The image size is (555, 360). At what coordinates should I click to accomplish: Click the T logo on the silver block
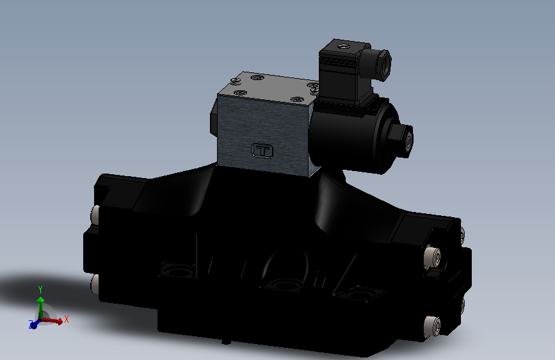coord(262,150)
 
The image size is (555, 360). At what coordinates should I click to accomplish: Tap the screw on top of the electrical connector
coord(344,46)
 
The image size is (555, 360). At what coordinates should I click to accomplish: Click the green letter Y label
coord(40,288)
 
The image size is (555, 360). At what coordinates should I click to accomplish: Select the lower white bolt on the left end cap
coord(95,282)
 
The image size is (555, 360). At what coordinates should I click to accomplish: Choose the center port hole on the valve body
coord(282,284)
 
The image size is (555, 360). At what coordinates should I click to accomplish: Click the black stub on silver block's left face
coord(211,123)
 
